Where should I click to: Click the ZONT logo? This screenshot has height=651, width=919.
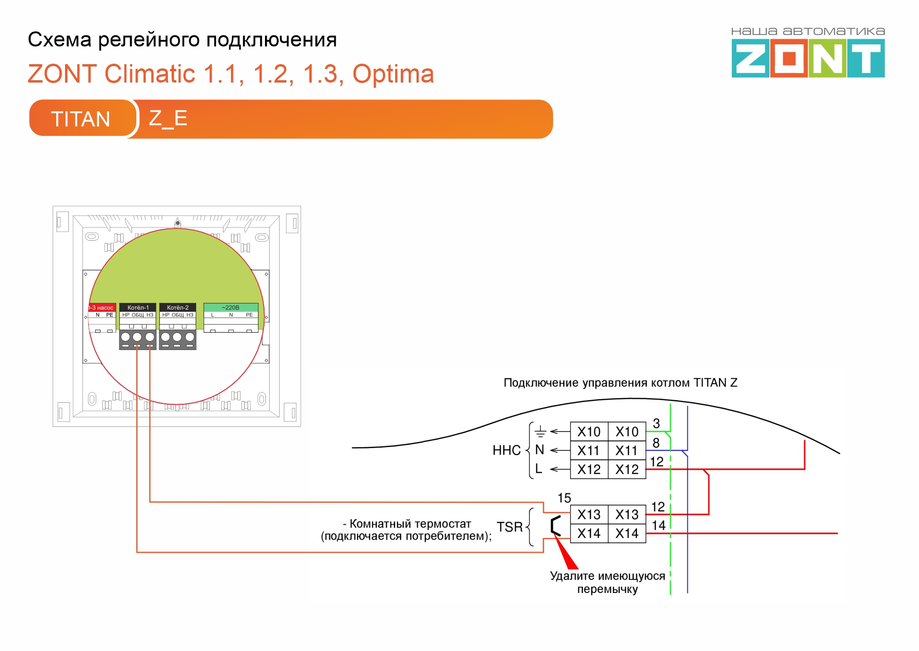coord(808,58)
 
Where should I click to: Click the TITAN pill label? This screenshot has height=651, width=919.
coord(81,119)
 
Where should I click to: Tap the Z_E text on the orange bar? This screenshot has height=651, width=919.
coord(168,118)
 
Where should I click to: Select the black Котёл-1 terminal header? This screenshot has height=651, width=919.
coord(138,308)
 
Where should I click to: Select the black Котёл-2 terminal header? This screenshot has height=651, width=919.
coord(178,308)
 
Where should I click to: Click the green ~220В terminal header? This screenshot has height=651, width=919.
coord(231,308)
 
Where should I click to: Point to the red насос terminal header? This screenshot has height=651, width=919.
coord(102,308)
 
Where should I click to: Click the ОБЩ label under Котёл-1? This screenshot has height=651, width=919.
coord(138,315)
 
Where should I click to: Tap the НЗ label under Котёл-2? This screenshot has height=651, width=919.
coord(190,315)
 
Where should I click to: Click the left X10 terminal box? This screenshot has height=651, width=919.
coord(589,432)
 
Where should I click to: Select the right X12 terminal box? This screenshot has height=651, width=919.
coord(627,469)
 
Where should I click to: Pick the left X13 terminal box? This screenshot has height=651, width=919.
coord(589,514)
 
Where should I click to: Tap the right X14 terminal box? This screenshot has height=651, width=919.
coord(627,533)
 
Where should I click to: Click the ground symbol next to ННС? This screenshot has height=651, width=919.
coord(540,432)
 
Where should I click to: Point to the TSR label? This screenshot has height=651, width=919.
coord(509,527)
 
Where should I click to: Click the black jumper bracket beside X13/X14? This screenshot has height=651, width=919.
coord(555,526)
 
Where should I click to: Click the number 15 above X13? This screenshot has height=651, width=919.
coord(564,498)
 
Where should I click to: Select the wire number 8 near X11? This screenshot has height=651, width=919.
coord(656,443)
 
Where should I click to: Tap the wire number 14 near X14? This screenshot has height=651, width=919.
coord(658,526)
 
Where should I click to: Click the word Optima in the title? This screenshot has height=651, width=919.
coord(393,74)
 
